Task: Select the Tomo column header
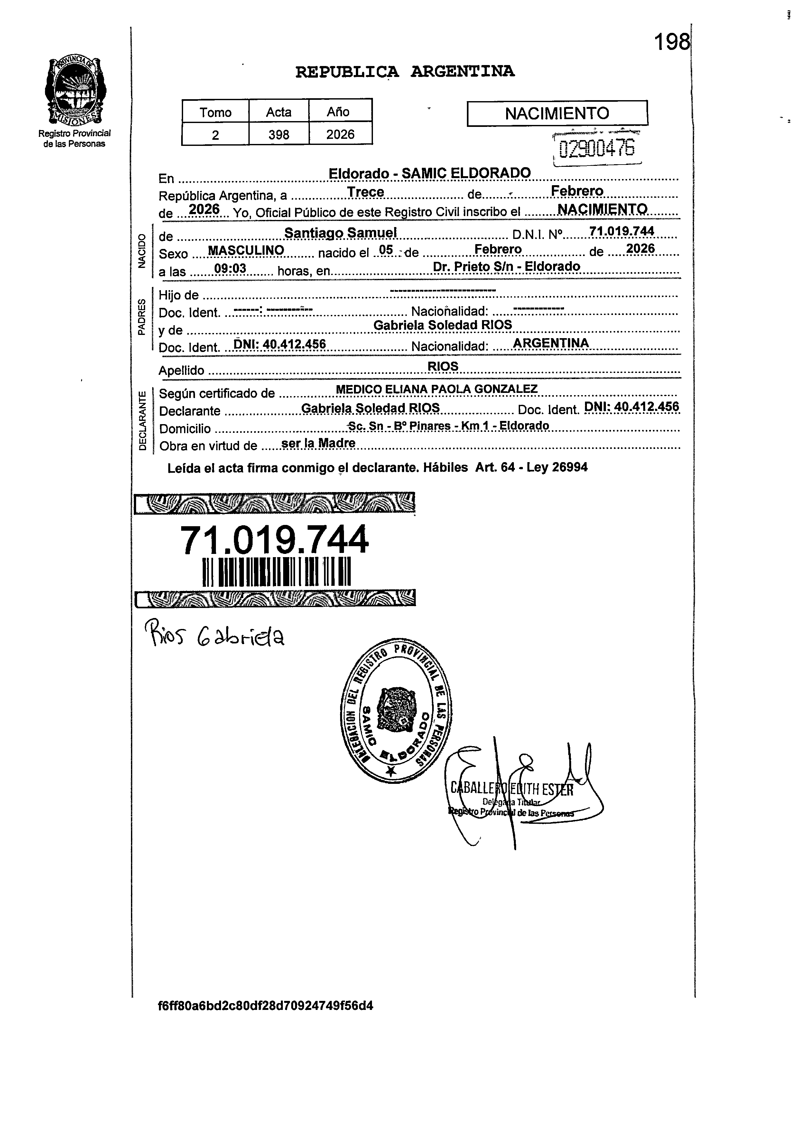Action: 215,112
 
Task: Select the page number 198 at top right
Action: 672,43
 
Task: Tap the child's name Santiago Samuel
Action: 341,233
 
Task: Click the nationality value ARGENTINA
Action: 550,343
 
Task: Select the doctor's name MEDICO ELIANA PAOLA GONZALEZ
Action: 436,389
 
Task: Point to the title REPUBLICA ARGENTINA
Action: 405,72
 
